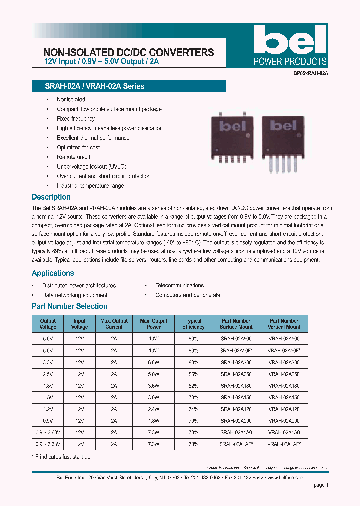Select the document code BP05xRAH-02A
(310, 73)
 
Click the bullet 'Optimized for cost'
(78, 147)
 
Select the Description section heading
(51, 197)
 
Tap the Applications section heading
(53, 273)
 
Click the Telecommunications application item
(179, 285)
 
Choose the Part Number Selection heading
(70, 306)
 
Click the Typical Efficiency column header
(193, 324)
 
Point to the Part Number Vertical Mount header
(284, 324)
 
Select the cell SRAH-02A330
(236, 363)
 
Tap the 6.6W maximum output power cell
(154, 363)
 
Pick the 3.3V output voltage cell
(48, 363)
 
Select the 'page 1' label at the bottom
(321, 485)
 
